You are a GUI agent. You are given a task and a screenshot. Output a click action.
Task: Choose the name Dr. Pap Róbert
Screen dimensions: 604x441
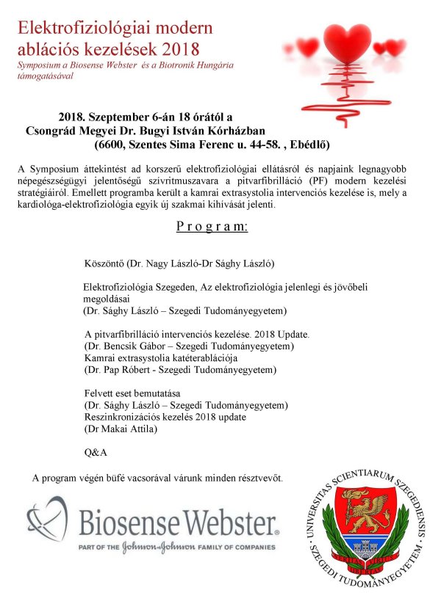coord(119,370)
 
